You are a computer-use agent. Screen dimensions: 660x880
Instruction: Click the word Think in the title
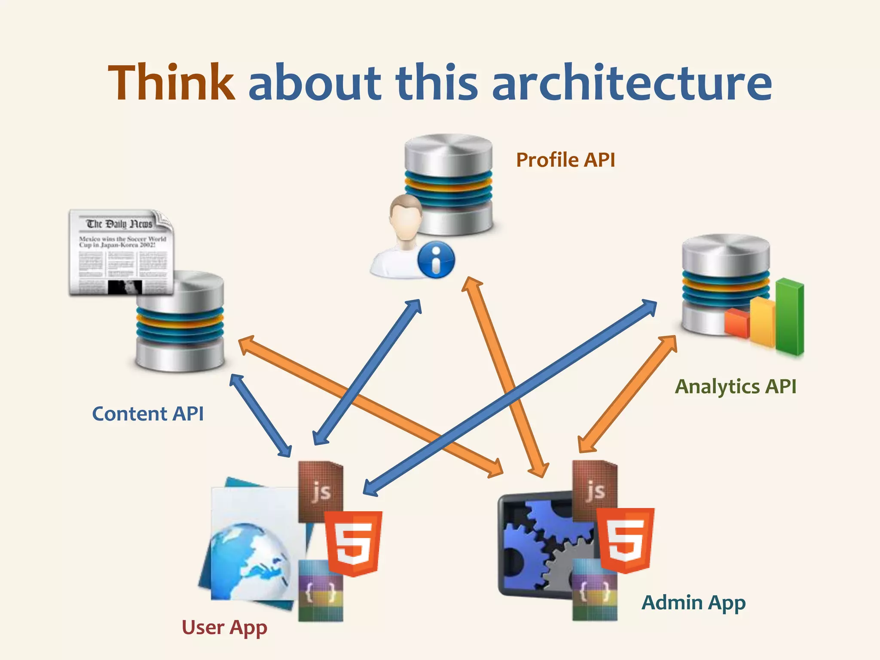pos(171,82)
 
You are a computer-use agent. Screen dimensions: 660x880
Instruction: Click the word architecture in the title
pos(632,82)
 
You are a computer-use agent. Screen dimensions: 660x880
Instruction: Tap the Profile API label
pos(565,160)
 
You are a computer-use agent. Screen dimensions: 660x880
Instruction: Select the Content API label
pos(148,414)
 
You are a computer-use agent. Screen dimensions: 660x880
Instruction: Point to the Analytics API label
pos(736,387)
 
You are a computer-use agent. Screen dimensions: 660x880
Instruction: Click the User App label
pos(224,628)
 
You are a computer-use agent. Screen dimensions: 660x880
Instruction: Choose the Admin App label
pos(694,602)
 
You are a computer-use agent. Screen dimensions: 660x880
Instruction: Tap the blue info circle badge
pos(436,260)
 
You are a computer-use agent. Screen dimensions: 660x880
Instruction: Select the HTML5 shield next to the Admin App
pos(626,540)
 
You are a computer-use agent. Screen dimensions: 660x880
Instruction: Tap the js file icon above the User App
pos(321,490)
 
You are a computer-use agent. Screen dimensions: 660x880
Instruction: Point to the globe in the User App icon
pos(249,559)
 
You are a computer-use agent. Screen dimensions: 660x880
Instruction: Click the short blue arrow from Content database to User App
pos(260,415)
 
